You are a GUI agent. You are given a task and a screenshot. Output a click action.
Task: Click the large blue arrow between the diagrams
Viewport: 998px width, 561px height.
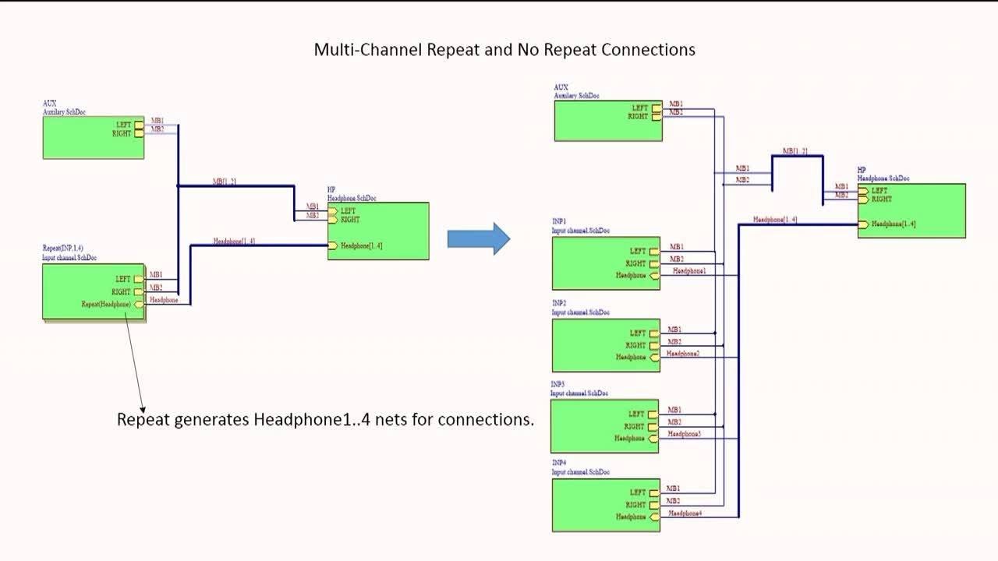coord(478,238)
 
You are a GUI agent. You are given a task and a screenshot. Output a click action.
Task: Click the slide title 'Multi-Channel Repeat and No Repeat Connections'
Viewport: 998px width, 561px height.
coord(504,50)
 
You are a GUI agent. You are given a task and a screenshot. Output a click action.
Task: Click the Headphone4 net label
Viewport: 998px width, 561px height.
coord(686,513)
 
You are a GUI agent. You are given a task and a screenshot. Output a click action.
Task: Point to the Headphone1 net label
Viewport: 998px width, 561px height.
coord(689,271)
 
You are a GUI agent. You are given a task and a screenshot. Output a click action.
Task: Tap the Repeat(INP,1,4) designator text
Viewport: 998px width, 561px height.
coord(63,249)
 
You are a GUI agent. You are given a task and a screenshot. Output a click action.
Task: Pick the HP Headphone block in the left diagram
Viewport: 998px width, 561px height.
coord(378,231)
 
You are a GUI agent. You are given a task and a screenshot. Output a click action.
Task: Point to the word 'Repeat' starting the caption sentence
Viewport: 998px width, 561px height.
coord(143,420)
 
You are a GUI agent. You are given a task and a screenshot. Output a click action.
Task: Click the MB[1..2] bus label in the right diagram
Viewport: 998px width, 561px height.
coord(795,151)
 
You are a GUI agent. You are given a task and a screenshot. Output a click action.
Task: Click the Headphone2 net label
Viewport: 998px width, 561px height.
coord(683,354)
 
